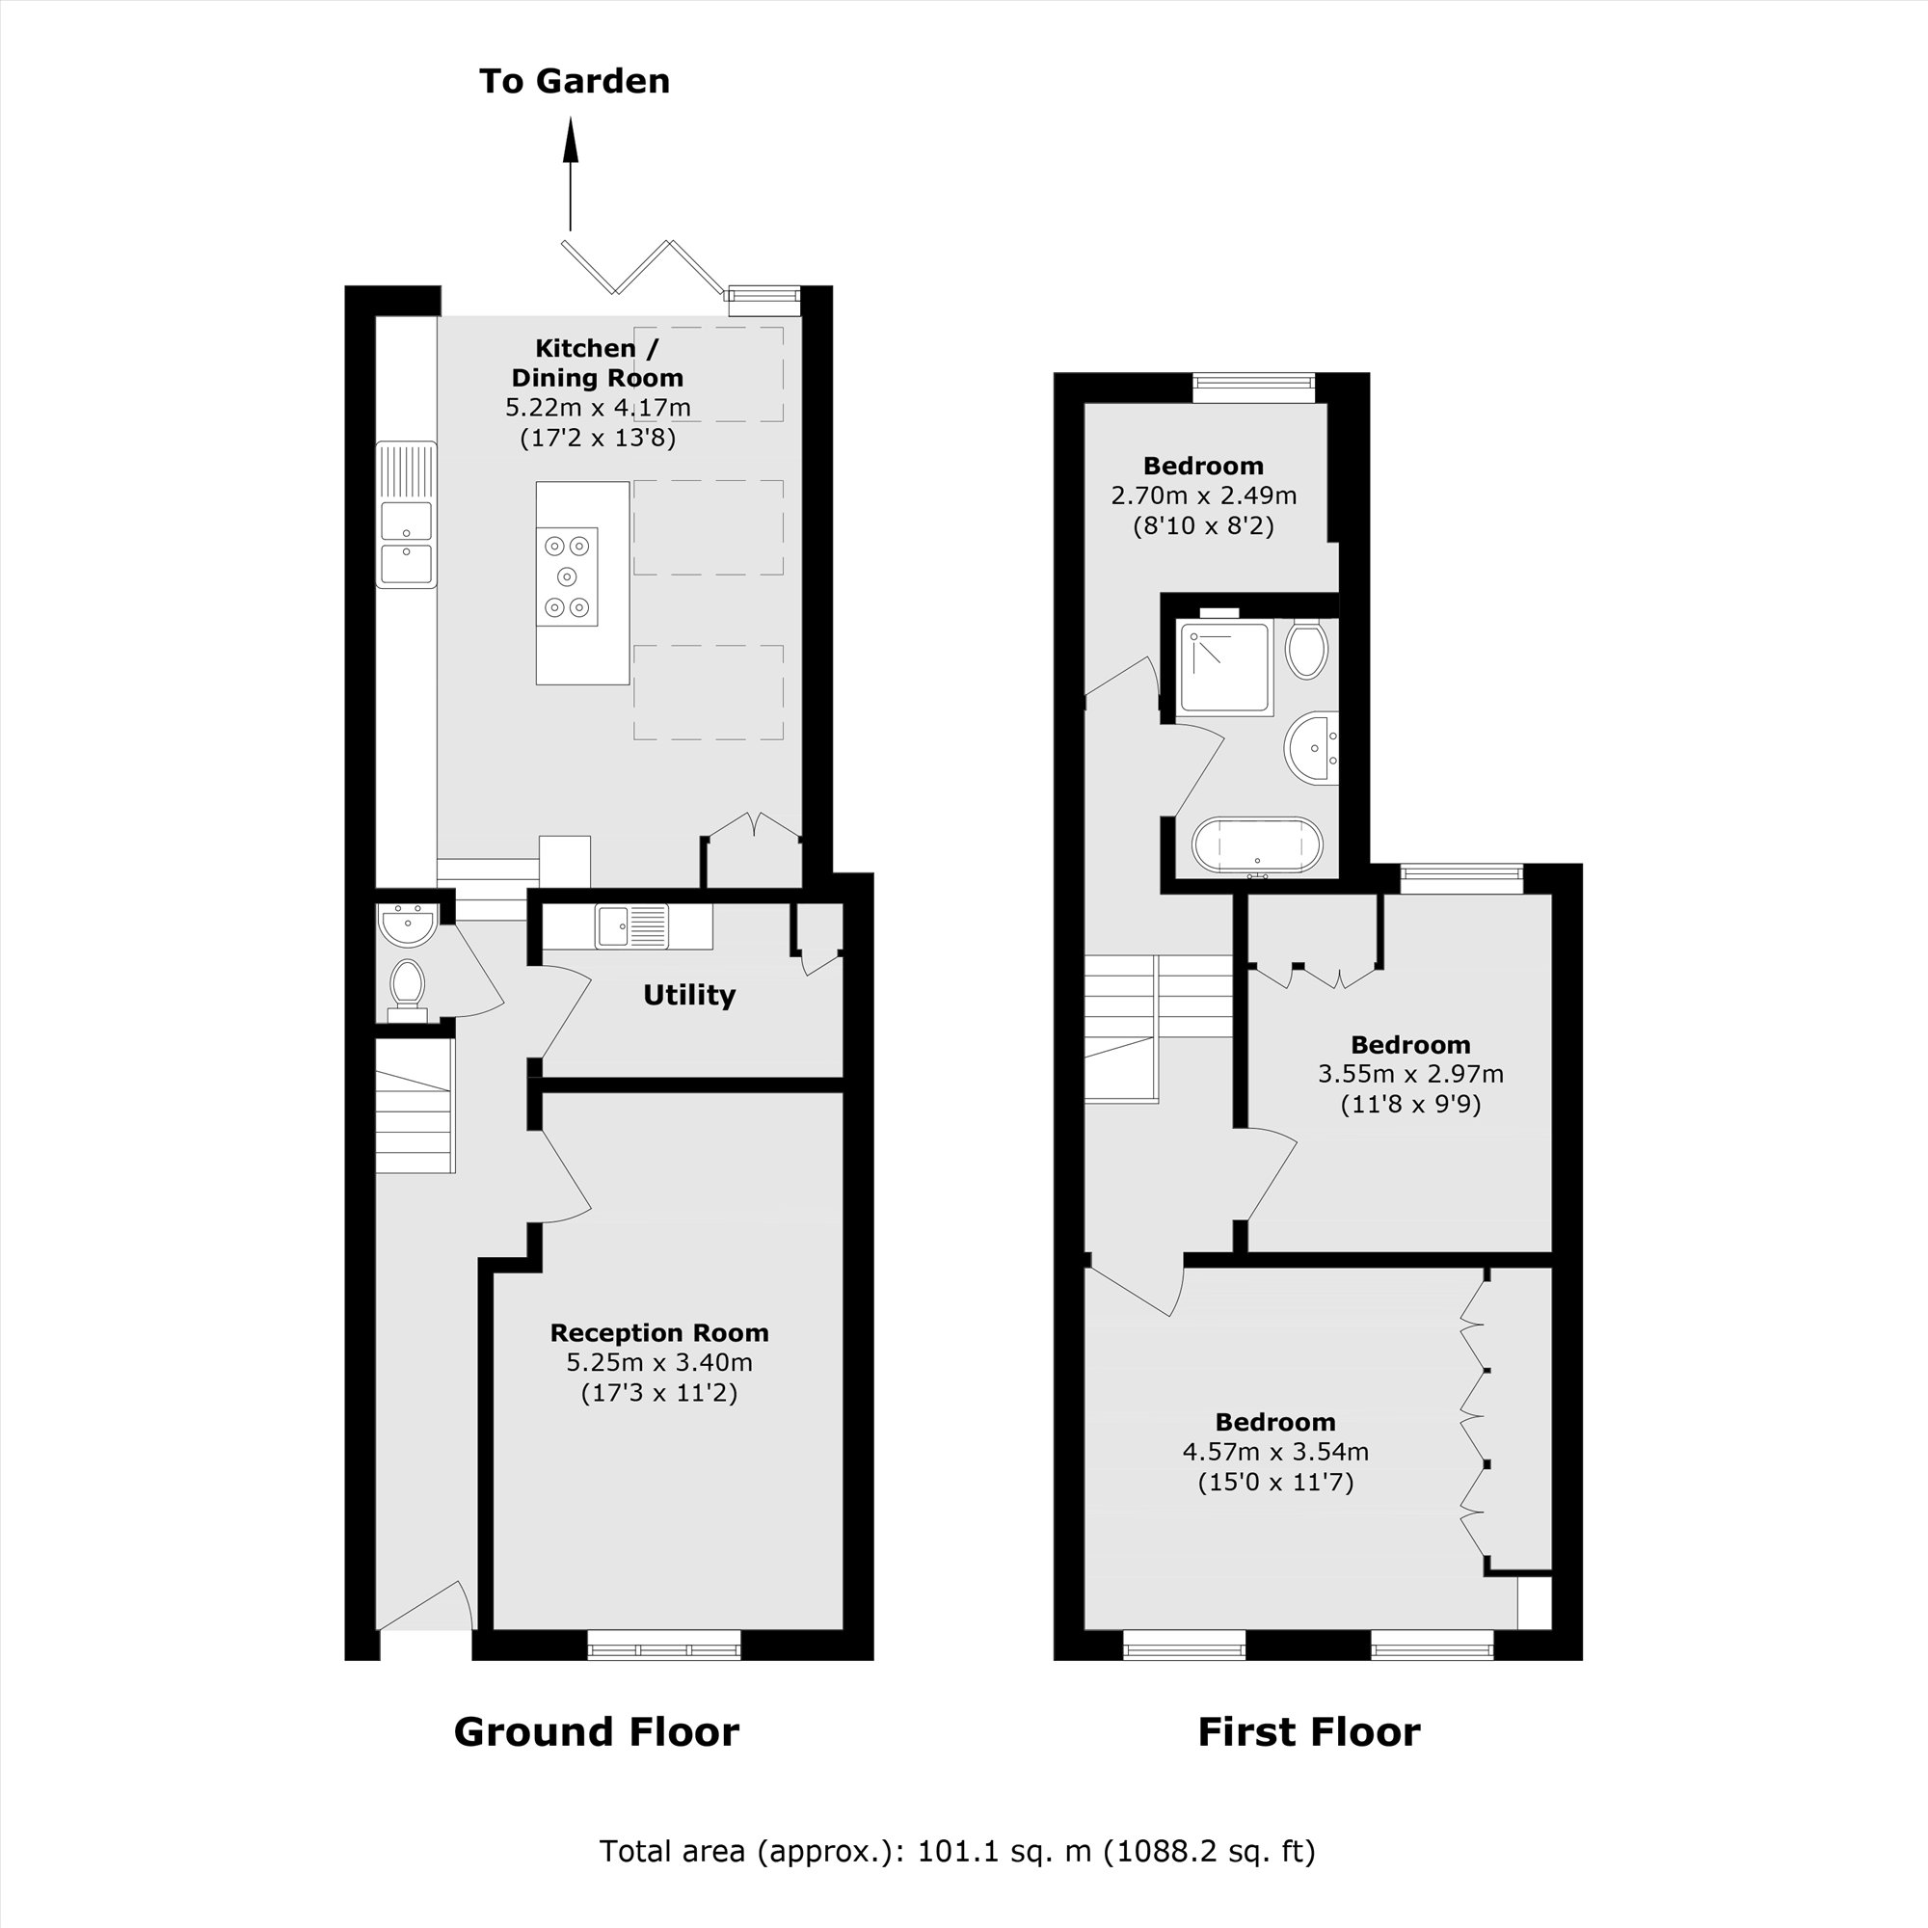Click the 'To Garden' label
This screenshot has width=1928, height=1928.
pos(574,81)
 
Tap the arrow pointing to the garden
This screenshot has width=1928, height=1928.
pos(571,174)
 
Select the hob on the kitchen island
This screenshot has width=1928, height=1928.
pos(567,576)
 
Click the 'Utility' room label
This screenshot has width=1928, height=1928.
pos(688,995)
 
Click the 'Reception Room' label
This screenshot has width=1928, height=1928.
pos(658,1332)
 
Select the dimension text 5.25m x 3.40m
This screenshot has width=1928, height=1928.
pos(658,1362)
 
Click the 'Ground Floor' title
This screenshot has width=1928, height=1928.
pos(596,1731)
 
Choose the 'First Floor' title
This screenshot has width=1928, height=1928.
pos(1308,1731)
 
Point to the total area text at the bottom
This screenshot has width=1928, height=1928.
pos(957,1851)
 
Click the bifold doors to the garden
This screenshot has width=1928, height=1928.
pos(644,266)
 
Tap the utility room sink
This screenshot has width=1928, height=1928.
pos(630,926)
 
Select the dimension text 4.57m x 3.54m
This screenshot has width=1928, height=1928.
pos(1275,1451)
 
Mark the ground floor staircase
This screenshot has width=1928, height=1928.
pos(415,1106)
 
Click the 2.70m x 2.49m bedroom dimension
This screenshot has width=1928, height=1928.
pos(1203,495)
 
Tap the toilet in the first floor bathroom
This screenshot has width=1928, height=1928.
pos(1306,650)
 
